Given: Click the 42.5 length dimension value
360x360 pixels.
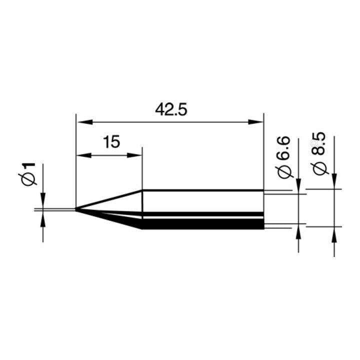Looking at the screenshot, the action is pyautogui.click(x=171, y=109).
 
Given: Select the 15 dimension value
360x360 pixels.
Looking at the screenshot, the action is pyautogui.click(x=111, y=142).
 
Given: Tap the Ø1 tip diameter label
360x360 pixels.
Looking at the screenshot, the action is pyautogui.click(x=27, y=174).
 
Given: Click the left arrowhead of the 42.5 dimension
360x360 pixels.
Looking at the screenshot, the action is pyautogui.click(x=84, y=122).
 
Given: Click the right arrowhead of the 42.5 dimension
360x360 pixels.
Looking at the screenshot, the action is pyautogui.click(x=255, y=122).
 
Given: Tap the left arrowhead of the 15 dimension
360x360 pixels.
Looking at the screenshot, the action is pyautogui.click(x=84, y=155).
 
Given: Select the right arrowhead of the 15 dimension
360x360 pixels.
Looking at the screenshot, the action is pyautogui.click(x=134, y=155).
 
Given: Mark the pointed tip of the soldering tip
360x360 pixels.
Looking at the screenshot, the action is pyautogui.click(x=75, y=209).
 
